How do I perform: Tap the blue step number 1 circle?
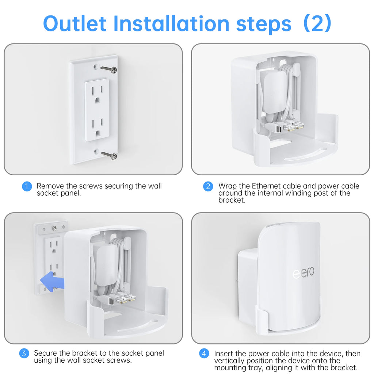[27, 186]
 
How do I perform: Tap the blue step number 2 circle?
[208, 186]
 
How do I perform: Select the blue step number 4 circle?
[204, 354]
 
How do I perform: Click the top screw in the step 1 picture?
[109, 69]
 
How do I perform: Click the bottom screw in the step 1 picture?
[109, 156]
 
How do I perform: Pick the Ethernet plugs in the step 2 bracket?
[294, 126]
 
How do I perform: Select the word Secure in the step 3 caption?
[47, 353]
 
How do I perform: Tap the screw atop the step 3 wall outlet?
[54, 228]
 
